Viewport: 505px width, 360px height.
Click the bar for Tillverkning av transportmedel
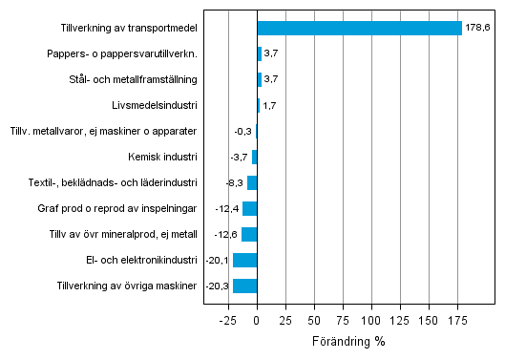[359, 28]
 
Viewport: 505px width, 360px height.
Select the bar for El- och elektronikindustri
[245, 260]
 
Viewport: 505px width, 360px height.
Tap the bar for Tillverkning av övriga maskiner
[245, 286]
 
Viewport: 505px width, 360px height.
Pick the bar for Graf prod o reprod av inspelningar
[250, 208]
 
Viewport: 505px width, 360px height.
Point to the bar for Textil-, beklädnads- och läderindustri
[252, 182]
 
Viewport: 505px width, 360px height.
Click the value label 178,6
[476, 29]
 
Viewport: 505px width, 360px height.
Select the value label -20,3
[219, 286]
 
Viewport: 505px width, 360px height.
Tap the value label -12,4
[227, 208]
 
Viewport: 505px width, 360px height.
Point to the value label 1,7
[270, 105]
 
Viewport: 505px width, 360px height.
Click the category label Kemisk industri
[162, 157]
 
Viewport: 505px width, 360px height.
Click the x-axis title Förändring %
[349, 341]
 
